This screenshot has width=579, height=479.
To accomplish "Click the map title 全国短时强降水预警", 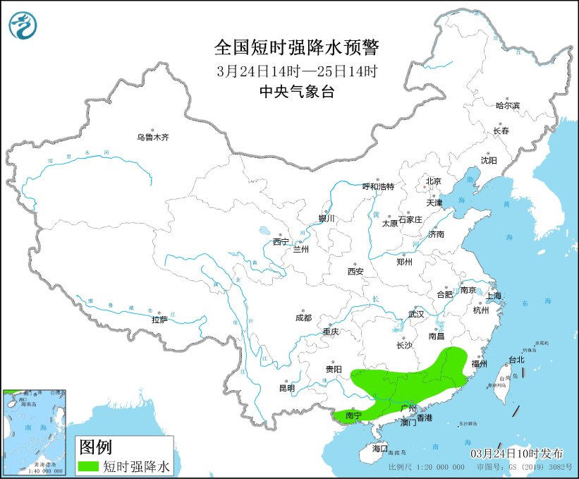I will coord(296,48).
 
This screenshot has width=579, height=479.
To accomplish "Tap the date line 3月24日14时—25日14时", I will coord(296,71).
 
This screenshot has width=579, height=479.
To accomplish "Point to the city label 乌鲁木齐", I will coord(153,138).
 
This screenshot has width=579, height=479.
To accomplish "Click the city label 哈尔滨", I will coord(507,105).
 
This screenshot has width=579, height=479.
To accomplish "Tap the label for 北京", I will coord(433,181).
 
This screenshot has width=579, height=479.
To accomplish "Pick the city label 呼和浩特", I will coord(378,186).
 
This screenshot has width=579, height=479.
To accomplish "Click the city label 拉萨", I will coord(159,320).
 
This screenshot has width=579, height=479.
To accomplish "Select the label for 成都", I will coord(304,317).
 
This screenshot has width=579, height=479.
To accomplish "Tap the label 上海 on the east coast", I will coord(493,295).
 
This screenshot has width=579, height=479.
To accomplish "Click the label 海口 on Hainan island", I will coord(380,448).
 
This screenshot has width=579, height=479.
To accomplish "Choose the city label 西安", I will coord(355,271).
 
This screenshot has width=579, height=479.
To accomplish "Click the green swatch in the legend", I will coord(90,466).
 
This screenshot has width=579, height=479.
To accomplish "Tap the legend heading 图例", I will coord(95,446).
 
